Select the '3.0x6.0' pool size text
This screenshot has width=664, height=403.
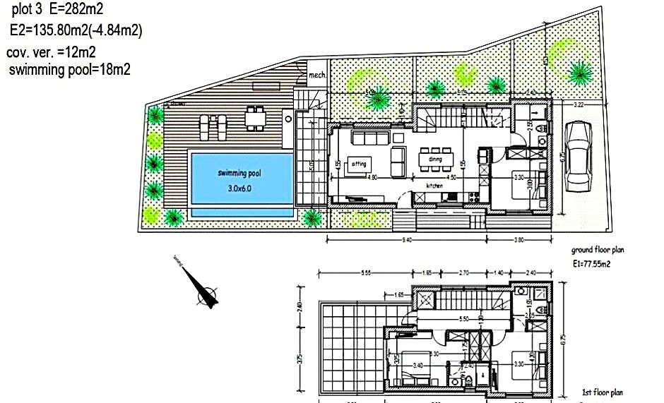240,188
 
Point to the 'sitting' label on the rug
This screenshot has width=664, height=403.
359,164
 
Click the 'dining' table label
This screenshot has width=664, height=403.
434,160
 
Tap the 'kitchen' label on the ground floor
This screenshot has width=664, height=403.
434,185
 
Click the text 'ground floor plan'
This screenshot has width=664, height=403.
598,250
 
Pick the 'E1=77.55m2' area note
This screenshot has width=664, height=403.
591,264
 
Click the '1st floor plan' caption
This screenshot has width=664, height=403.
602,392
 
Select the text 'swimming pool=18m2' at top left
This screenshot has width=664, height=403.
69,69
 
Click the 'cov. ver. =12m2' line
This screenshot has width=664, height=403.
51,52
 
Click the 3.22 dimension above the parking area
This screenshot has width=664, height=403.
578,104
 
